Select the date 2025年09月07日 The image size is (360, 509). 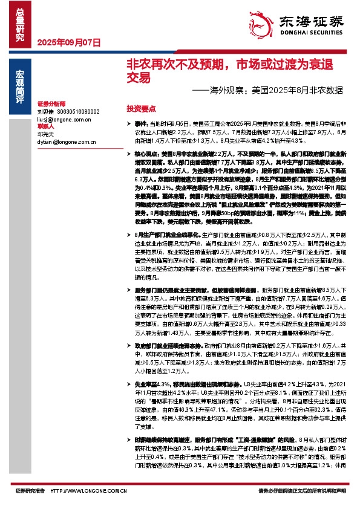click(x=68, y=43)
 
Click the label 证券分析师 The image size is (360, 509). click(x=51, y=104)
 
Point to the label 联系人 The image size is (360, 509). click(x=46, y=126)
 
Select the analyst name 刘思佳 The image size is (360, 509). click(x=46, y=112)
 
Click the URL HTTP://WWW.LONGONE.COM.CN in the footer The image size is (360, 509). click(x=89, y=491)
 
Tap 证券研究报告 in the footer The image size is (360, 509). click(x=30, y=491)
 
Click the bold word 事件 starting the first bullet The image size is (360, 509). click(x=141, y=123)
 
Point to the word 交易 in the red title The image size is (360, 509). click(x=137, y=78)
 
